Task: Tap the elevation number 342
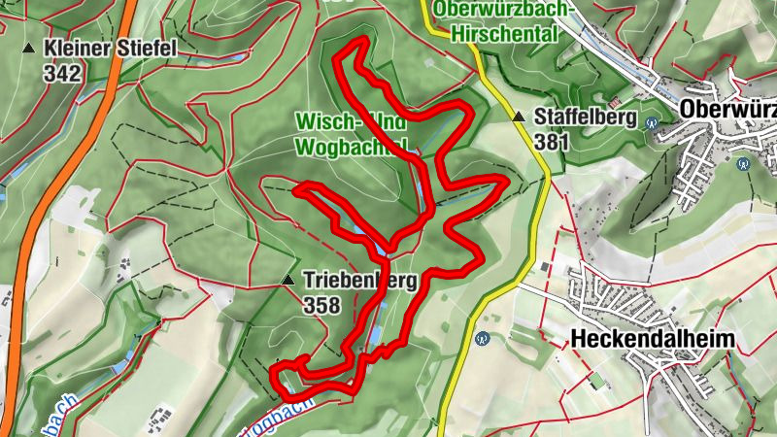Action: pos(62,72)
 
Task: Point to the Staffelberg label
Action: pos(585,118)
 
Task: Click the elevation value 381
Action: pos(551,142)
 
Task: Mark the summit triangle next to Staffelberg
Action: pos(519,118)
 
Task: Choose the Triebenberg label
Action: pos(359,282)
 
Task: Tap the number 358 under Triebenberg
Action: pos(321,306)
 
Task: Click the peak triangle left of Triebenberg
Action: pos(287,281)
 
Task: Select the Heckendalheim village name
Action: pos(652,339)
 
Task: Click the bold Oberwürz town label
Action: pos(728,108)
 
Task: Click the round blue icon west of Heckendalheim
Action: pos(482,339)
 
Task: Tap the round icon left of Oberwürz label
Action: pos(653,123)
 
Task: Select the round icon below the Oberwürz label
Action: pos(743,164)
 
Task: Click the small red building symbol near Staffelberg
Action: pos(614,102)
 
